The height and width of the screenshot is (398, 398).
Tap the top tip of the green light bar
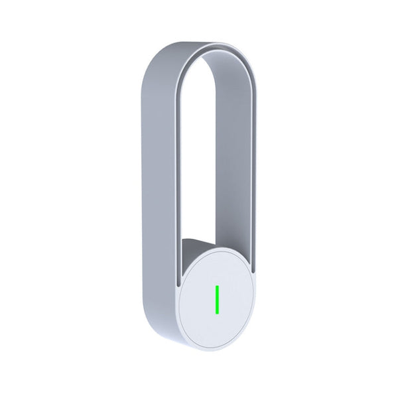click(x=216, y=285)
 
